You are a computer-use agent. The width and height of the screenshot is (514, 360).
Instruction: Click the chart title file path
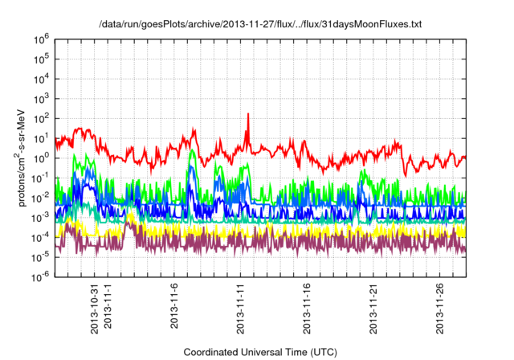click(x=259, y=25)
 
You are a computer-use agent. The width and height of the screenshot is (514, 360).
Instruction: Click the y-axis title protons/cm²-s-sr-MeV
click(x=23, y=157)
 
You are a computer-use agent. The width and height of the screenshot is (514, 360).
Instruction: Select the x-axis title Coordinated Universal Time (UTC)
click(x=259, y=352)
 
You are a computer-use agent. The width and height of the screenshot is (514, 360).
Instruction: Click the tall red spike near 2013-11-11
click(x=248, y=117)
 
